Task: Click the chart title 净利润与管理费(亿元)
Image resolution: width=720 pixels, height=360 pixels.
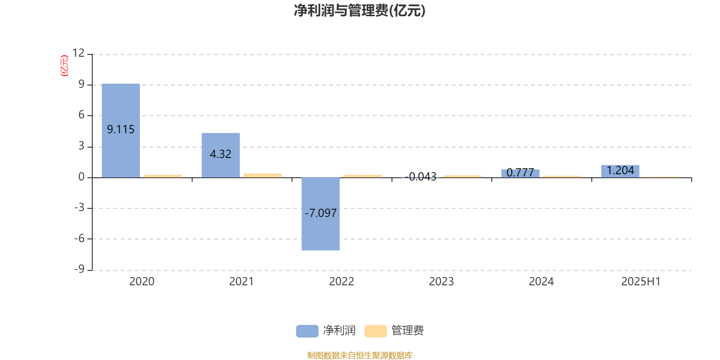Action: [x=360, y=11]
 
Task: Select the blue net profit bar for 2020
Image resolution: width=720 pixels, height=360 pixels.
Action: [x=121, y=130]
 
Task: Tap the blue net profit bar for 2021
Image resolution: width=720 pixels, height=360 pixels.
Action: [x=221, y=155]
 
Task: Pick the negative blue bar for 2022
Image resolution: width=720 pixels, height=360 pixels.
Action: [x=321, y=214]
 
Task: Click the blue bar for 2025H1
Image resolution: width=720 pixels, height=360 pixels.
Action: [x=621, y=171]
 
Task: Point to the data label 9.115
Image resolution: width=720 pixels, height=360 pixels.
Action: [x=121, y=129]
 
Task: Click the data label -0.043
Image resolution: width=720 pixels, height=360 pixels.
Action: [x=420, y=176]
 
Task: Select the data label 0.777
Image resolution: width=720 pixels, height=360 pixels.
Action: [x=520, y=173]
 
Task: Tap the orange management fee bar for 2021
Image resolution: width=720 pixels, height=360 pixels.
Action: [x=263, y=175]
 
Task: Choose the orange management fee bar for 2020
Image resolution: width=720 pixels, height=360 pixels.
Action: [x=162, y=176]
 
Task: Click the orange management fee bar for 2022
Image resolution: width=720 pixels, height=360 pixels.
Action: [x=363, y=176]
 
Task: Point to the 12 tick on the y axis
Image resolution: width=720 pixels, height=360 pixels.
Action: [x=78, y=53]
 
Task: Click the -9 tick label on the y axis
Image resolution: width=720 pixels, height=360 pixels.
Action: [x=79, y=269]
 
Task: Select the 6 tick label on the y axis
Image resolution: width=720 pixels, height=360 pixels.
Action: [x=81, y=115]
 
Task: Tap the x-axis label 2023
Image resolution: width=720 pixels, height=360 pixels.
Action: [x=441, y=282]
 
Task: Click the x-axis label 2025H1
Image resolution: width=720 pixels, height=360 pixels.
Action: [x=641, y=282]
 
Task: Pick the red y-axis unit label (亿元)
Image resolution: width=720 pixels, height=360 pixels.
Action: [x=65, y=66]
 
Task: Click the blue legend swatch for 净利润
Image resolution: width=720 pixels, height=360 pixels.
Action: [x=307, y=331]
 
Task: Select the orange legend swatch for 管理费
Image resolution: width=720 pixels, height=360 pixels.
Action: [x=375, y=331]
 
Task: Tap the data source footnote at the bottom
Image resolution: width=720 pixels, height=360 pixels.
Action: [x=360, y=355]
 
